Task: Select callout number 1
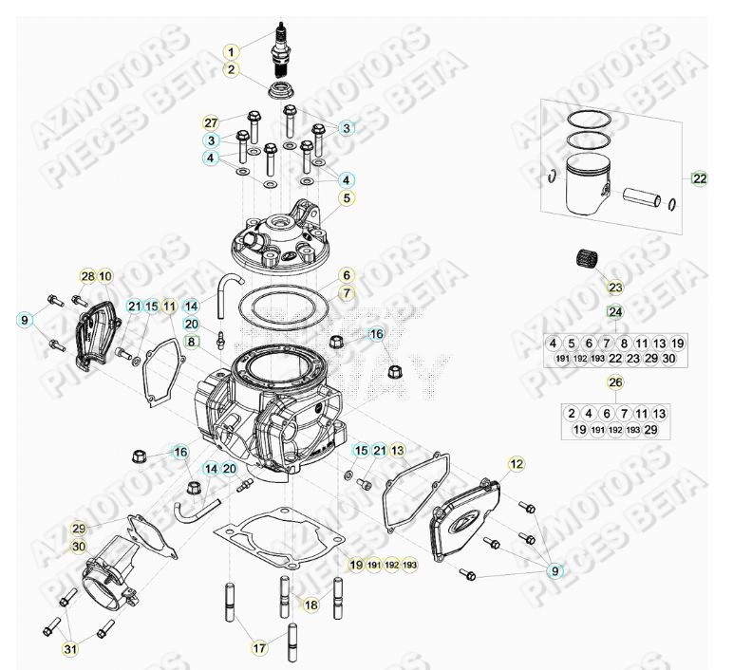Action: [x=232, y=51]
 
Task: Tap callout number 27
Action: [x=211, y=122]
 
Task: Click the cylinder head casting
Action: [x=286, y=238]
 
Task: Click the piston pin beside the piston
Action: [x=646, y=198]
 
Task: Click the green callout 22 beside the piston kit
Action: [x=700, y=178]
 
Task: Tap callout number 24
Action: [x=615, y=312]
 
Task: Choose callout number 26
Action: [x=615, y=382]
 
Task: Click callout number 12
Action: [x=517, y=464]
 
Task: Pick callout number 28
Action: [x=87, y=276]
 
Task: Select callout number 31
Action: [x=70, y=649]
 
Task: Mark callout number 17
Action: [x=257, y=648]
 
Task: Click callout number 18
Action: [x=310, y=605]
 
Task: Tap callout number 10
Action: [x=105, y=276]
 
